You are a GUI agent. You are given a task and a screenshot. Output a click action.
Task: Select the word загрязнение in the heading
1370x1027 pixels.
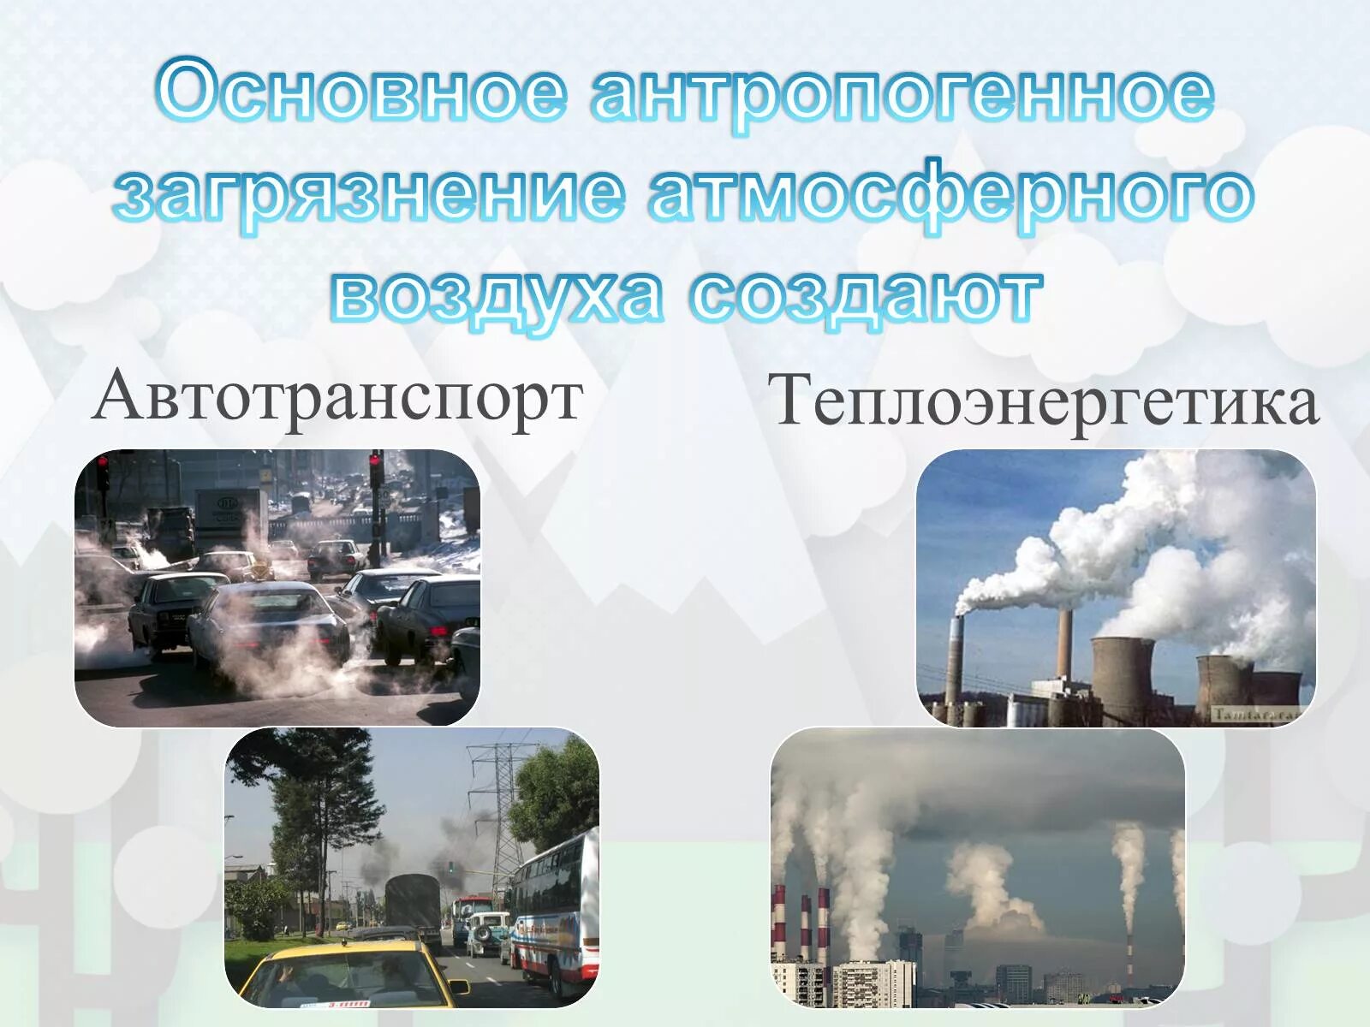click(x=369, y=193)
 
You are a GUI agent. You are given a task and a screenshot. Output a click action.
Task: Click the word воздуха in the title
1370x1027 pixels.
click(x=497, y=296)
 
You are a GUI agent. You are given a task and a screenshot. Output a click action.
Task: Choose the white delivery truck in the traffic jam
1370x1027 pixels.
click(x=228, y=510)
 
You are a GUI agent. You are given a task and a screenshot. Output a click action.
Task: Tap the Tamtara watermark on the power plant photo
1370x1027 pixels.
click(x=1255, y=713)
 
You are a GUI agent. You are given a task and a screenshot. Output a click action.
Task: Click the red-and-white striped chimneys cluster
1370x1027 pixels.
click(x=801, y=924)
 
